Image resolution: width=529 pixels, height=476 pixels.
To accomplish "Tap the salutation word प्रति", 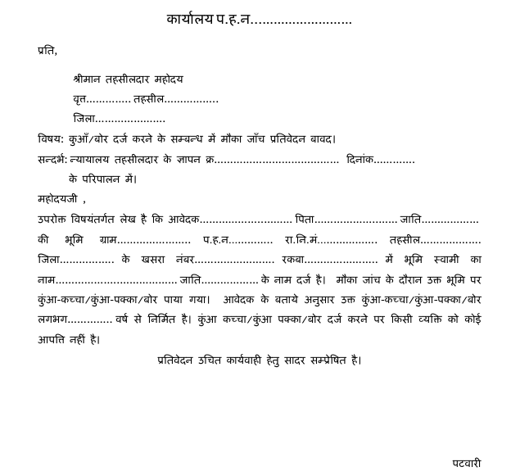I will pos(47,51).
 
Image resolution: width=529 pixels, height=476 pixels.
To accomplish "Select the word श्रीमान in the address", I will pos(89,79).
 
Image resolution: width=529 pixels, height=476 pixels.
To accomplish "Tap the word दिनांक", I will pos(360,159).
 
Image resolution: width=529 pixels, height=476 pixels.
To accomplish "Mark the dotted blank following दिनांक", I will pos(396,160).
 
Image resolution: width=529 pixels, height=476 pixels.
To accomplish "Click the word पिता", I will pos(305,219).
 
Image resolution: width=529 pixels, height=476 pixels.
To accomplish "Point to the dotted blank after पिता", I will pos(356,220).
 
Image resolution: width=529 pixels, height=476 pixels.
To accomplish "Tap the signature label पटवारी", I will pos(467,463).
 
